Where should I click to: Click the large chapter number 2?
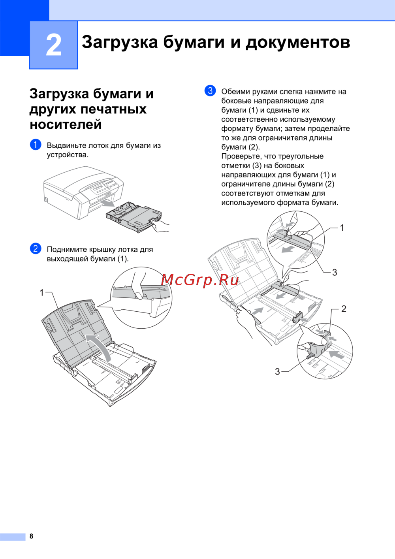pyautogui.click(x=54, y=46)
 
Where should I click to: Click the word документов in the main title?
pyautogui.click(x=298, y=42)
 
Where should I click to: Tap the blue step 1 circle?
pyautogui.click(x=36, y=145)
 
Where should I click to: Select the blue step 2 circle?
pyautogui.click(x=36, y=248)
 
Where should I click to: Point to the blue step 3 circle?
pyautogui.click(x=210, y=91)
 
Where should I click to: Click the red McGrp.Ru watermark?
pyautogui.click(x=199, y=280)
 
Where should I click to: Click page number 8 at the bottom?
pyautogui.click(x=31, y=536)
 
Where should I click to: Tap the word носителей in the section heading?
pyautogui.click(x=66, y=124)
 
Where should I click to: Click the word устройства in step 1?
pyautogui.click(x=67, y=155)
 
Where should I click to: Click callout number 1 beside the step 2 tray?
pyautogui.click(x=42, y=293)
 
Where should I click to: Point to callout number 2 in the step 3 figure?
pyautogui.click(x=344, y=309)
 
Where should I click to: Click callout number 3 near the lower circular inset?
pyautogui.click(x=277, y=372)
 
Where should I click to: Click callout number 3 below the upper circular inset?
pyautogui.click(x=335, y=272)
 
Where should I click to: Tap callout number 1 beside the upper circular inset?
pyautogui.click(x=342, y=228)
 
